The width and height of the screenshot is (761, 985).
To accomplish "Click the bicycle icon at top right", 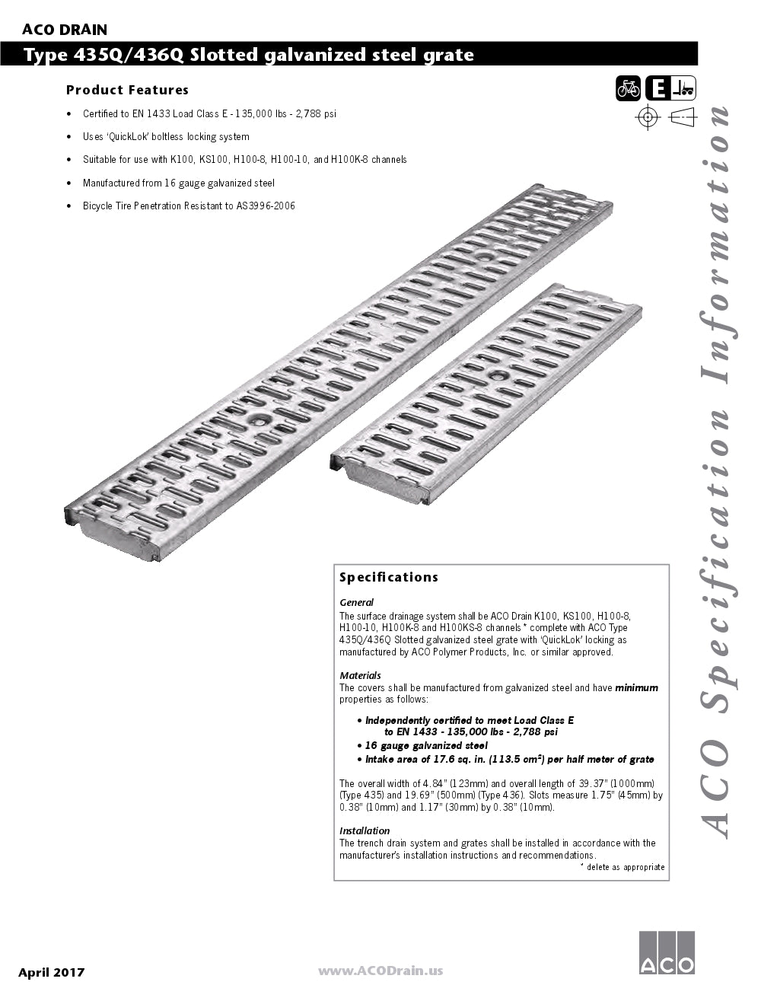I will [629, 89].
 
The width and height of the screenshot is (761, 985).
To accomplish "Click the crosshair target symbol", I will [648, 117].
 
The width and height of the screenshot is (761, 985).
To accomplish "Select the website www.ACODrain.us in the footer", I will [380, 971].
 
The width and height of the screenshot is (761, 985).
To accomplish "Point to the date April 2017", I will [52, 972].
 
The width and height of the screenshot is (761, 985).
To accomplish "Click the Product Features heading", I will [127, 90].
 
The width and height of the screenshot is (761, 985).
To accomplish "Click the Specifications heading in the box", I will [388, 577].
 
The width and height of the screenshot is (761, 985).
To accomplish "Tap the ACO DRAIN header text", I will [65, 30].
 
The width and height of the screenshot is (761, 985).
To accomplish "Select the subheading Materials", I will [360, 675].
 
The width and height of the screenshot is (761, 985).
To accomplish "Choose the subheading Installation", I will [365, 830].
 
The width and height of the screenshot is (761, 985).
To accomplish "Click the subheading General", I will [356, 602].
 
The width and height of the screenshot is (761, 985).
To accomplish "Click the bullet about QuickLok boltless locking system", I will [166, 137].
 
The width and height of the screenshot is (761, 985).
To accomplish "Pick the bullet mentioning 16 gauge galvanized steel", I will [178, 183].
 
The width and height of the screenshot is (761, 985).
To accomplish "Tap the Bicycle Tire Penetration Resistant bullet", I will [189, 206].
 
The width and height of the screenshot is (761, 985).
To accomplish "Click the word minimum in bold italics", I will [636, 687].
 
